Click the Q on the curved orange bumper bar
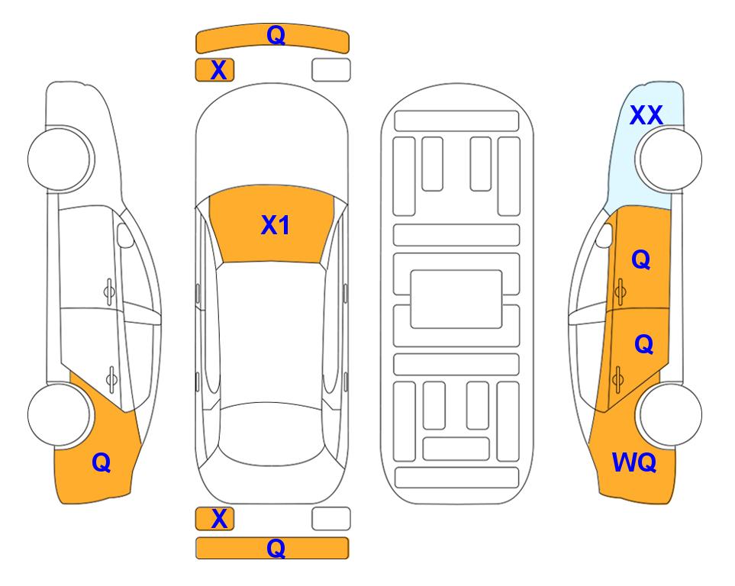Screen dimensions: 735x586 click(276, 35)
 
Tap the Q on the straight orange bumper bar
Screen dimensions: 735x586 click(276, 548)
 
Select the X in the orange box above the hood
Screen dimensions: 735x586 click(218, 70)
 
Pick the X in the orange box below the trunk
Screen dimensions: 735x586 click(219, 518)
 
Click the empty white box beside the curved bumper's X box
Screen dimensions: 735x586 click(331, 70)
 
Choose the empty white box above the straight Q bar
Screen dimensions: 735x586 click(331, 519)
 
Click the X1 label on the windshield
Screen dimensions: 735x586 click(276, 225)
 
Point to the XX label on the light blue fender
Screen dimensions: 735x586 click(646, 115)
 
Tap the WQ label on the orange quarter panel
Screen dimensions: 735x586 click(634, 462)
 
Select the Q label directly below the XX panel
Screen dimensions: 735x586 click(641, 259)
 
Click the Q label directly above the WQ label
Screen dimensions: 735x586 click(643, 344)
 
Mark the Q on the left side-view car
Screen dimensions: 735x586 click(102, 462)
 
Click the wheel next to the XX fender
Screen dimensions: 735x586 click(670, 159)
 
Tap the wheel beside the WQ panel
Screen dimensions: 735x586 click(670, 414)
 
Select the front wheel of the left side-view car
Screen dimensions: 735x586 click(60, 159)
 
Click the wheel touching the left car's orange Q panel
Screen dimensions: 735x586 click(60, 414)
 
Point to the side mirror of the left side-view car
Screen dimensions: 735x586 click(124, 235)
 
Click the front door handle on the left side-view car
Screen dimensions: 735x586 click(109, 291)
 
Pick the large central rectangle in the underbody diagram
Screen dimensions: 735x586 click(456, 299)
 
